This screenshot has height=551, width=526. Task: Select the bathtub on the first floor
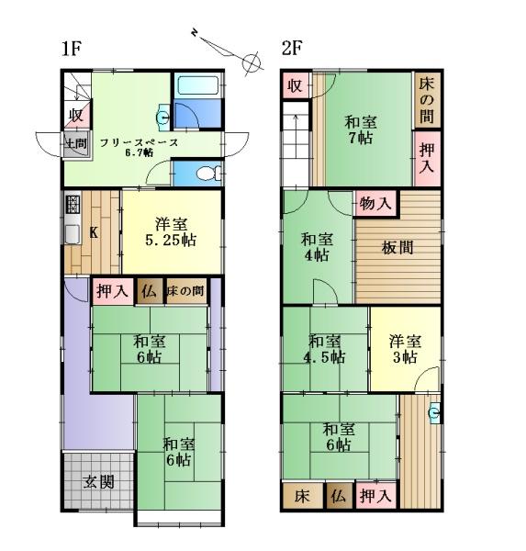click(197, 85)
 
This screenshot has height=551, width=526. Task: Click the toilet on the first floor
click(208, 173)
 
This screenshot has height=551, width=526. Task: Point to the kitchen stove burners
click(73, 204)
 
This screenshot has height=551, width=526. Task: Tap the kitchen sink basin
click(73, 233)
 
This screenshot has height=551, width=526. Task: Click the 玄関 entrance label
click(99, 482)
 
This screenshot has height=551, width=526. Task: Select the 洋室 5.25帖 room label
click(171, 232)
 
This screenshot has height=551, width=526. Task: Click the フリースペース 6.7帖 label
click(140, 147)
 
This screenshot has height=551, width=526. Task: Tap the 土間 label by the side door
click(77, 143)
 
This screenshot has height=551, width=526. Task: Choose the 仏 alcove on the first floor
click(150, 291)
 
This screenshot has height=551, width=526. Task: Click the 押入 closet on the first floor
click(112, 291)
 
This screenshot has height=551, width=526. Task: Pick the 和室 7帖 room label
click(361, 130)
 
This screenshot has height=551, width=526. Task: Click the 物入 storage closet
click(376, 203)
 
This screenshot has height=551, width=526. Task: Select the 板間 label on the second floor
click(397, 248)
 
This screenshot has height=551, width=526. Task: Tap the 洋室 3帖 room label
click(405, 349)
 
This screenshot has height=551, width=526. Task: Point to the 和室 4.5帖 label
click(325, 349)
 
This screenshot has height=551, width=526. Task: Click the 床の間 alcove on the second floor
click(427, 100)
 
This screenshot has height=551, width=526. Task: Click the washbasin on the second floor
click(434, 411)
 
